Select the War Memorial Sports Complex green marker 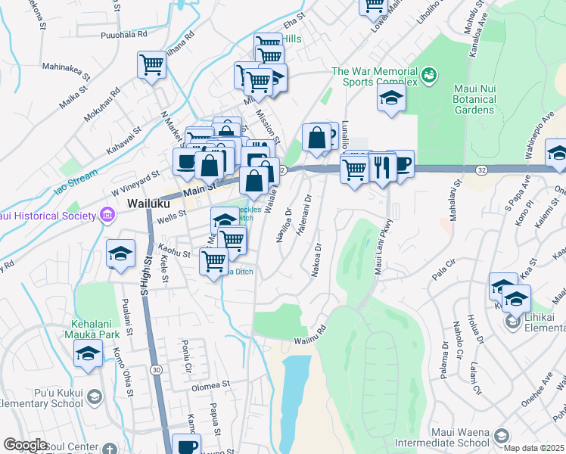coord(429,75)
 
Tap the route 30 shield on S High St coord(155,369)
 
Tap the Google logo coord(25,445)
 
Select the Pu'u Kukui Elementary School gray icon coord(94,396)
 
